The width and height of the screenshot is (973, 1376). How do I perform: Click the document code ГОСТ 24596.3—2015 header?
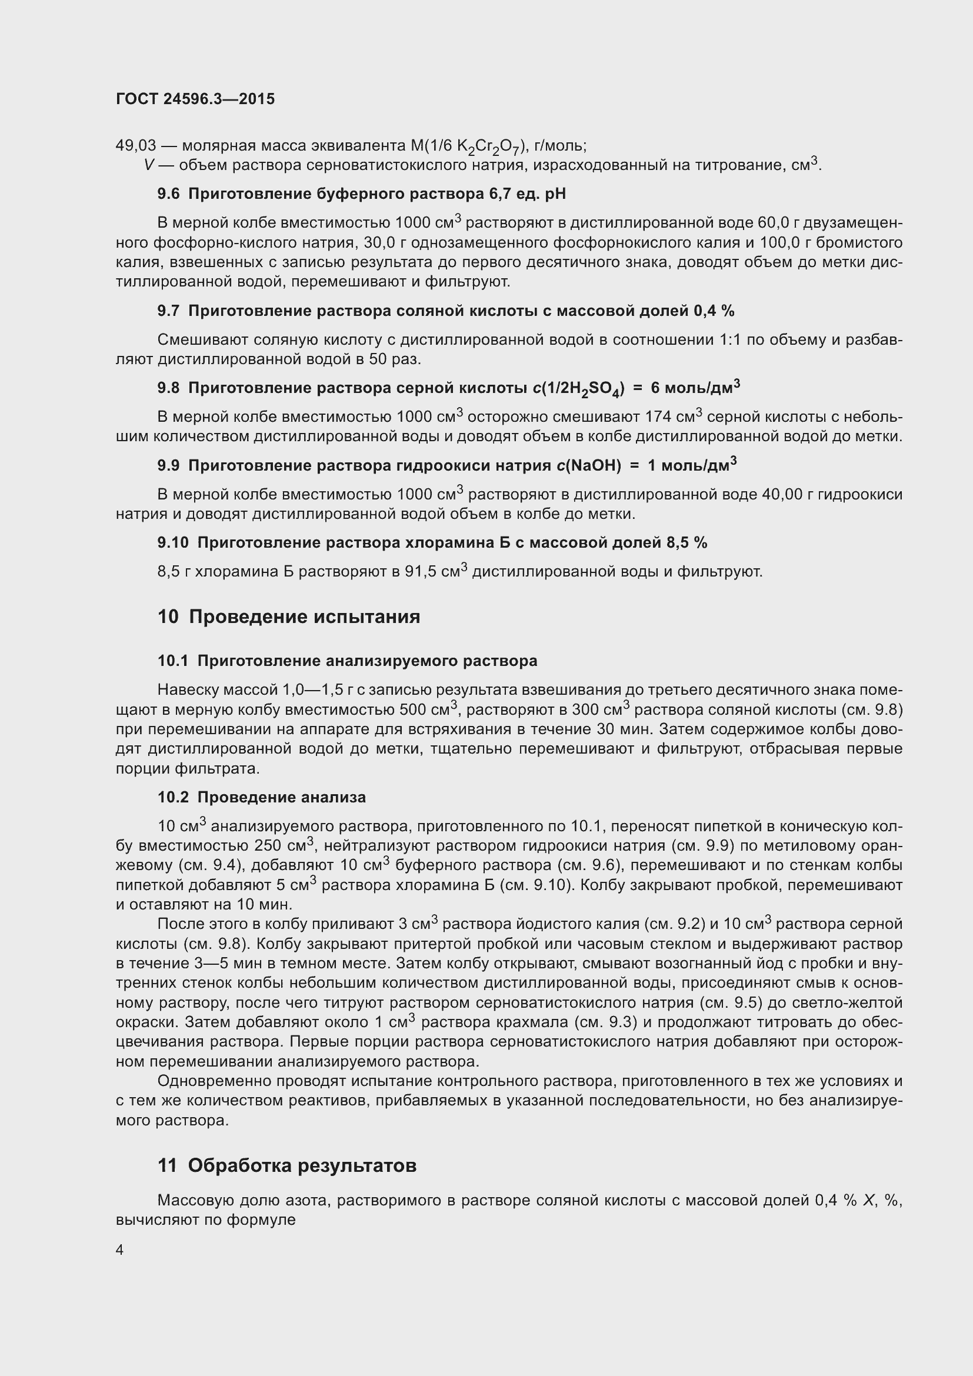click(195, 99)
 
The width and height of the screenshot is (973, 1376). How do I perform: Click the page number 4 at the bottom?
click(120, 1250)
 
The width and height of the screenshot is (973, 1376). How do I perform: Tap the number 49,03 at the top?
click(135, 146)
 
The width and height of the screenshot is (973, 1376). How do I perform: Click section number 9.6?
click(168, 194)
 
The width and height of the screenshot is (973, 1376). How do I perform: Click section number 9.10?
click(172, 542)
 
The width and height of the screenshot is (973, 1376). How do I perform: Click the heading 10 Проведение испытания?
click(289, 617)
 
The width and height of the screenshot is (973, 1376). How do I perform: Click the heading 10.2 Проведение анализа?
click(261, 797)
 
